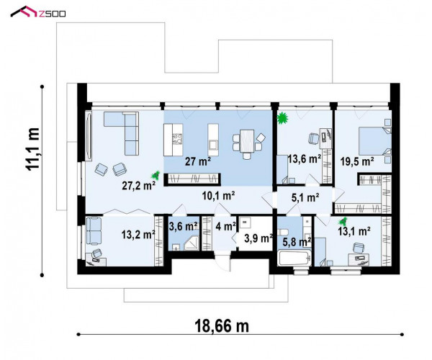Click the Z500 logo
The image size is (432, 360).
38,12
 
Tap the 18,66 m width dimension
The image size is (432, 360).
222,326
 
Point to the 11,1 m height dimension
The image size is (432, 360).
32,149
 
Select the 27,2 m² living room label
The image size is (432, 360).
138,186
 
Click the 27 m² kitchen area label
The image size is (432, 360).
198,161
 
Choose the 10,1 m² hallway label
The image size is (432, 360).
218,196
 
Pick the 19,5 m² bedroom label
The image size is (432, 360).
357,161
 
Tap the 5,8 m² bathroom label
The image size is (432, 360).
297,242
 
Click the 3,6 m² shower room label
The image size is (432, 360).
184,226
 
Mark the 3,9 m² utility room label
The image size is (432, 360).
258,238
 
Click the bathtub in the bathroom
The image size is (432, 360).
294,258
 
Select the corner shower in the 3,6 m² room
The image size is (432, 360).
192,243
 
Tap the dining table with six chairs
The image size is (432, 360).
247,144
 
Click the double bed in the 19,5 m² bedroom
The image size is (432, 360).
374,141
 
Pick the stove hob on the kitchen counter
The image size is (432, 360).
178,138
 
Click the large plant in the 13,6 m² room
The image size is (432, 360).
282,118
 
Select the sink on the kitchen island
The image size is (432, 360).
213,144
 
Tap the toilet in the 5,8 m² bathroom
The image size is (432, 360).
283,232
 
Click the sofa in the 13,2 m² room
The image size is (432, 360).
94,231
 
